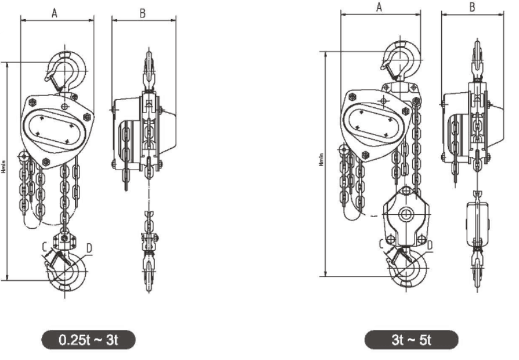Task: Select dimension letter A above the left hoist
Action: pos(55,13)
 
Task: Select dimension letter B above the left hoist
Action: pos(142,13)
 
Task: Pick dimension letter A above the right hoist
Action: pos(379,7)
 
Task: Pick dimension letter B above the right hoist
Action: pos(472,7)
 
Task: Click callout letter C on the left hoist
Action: pos(44,247)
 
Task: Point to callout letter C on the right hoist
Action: pos(381,243)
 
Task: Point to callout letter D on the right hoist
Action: pos(429,245)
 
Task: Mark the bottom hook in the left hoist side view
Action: pos(149,273)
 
